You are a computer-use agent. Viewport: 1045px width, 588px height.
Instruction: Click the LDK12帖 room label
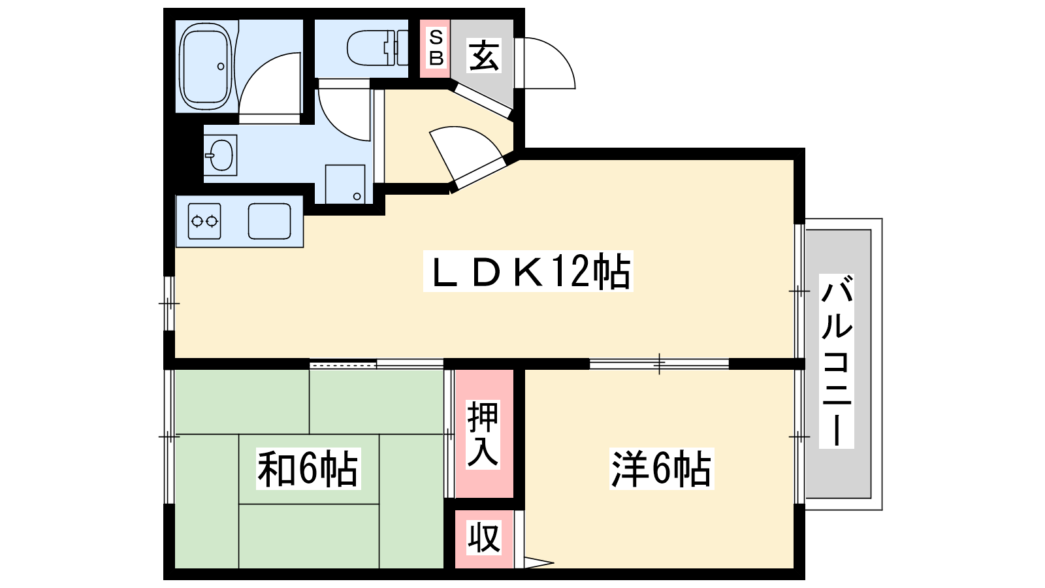(528, 271)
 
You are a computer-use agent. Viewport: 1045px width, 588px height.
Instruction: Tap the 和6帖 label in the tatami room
(308, 468)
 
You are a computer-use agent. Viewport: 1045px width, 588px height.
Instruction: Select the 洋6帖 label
(662, 468)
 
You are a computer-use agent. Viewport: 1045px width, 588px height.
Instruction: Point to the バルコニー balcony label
(837, 361)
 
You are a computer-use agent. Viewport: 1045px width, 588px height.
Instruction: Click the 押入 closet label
(483, 434)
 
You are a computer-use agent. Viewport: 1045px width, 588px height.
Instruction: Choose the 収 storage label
(484, 538)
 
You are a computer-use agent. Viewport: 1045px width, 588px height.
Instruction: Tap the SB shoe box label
(436, 48)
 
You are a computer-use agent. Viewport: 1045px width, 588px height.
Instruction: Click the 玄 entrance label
(484, 56)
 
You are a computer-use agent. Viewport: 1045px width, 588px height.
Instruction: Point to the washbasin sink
(220, 155)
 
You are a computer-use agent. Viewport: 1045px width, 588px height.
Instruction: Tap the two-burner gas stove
(204, 221)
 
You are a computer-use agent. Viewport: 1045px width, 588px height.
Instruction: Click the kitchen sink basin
(270, 221)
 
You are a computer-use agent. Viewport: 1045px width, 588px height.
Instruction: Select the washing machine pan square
(346, 184)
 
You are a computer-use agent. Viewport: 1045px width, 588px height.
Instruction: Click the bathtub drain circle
(221, 67)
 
